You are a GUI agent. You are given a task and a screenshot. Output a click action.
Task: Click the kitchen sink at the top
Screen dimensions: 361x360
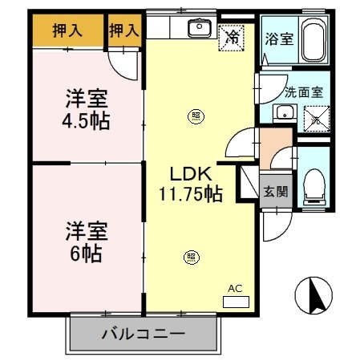[198, 30]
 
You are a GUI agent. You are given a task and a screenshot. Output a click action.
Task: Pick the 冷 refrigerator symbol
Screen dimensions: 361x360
[233, 35]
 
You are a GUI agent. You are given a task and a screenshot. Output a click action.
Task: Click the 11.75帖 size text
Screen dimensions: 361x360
[189, 193]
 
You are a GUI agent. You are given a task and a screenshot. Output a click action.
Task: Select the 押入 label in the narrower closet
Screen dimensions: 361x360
[124, 31]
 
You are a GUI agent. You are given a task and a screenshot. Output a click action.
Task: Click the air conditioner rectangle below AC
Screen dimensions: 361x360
[236, 302]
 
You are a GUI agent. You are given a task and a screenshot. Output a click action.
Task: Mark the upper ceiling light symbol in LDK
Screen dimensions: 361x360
[196, 116]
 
